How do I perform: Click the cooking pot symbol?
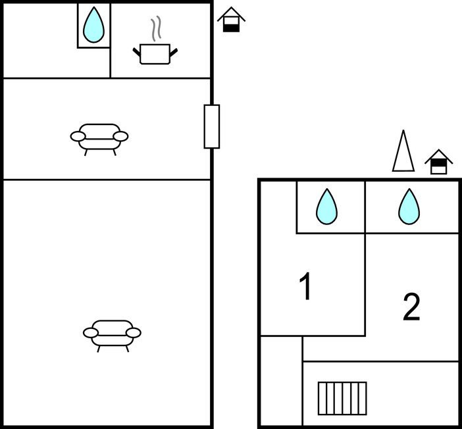[155, 53]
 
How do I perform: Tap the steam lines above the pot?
[155, 29]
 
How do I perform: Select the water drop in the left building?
[94, 25]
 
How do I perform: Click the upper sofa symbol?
[99, 136]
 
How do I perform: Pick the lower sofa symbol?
[112, 332]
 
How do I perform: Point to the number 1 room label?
[305, 288]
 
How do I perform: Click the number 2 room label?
[411, 307]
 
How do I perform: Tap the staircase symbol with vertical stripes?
[342, 398]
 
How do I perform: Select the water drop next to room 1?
[326, 206]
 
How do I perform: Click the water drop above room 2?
[409, 206]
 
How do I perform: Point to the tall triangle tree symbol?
[403, 152]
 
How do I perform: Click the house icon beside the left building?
[231, 20]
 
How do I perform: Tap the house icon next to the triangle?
[439, 162]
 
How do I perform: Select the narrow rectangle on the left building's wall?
[211, 126]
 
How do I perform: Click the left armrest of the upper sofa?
[78, 136]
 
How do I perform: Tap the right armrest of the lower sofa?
[133, 332]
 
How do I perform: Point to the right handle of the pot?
[174, 50]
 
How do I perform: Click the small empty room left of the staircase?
[281, 380]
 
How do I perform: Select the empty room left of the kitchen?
[39, 41]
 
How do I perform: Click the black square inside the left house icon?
[231, 27]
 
